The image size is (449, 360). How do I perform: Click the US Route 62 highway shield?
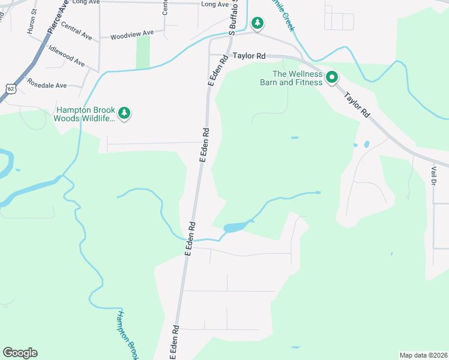coord(10,88)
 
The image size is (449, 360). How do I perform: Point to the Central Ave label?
coord(76,32)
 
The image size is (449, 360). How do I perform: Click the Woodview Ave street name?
coord(131,35)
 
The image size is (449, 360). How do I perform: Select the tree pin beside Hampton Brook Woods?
coord(124,113)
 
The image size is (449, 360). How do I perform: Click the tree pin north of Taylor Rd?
coord(258,23)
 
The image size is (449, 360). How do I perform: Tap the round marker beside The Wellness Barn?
coord(331,77)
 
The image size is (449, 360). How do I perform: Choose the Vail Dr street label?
coord(433,176)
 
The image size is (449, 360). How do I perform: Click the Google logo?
coord(20,353)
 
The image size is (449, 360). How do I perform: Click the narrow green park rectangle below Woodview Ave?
coord(143,52)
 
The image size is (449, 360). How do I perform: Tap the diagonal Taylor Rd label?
coord(356,104)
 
